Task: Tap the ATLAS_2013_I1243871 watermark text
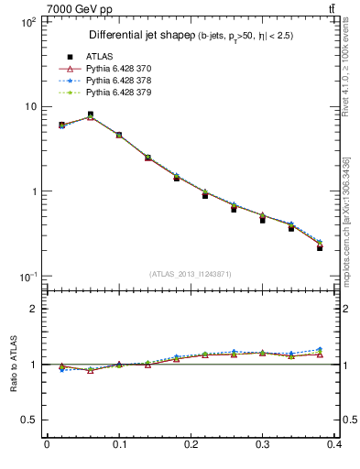191,275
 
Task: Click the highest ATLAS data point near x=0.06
91,115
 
